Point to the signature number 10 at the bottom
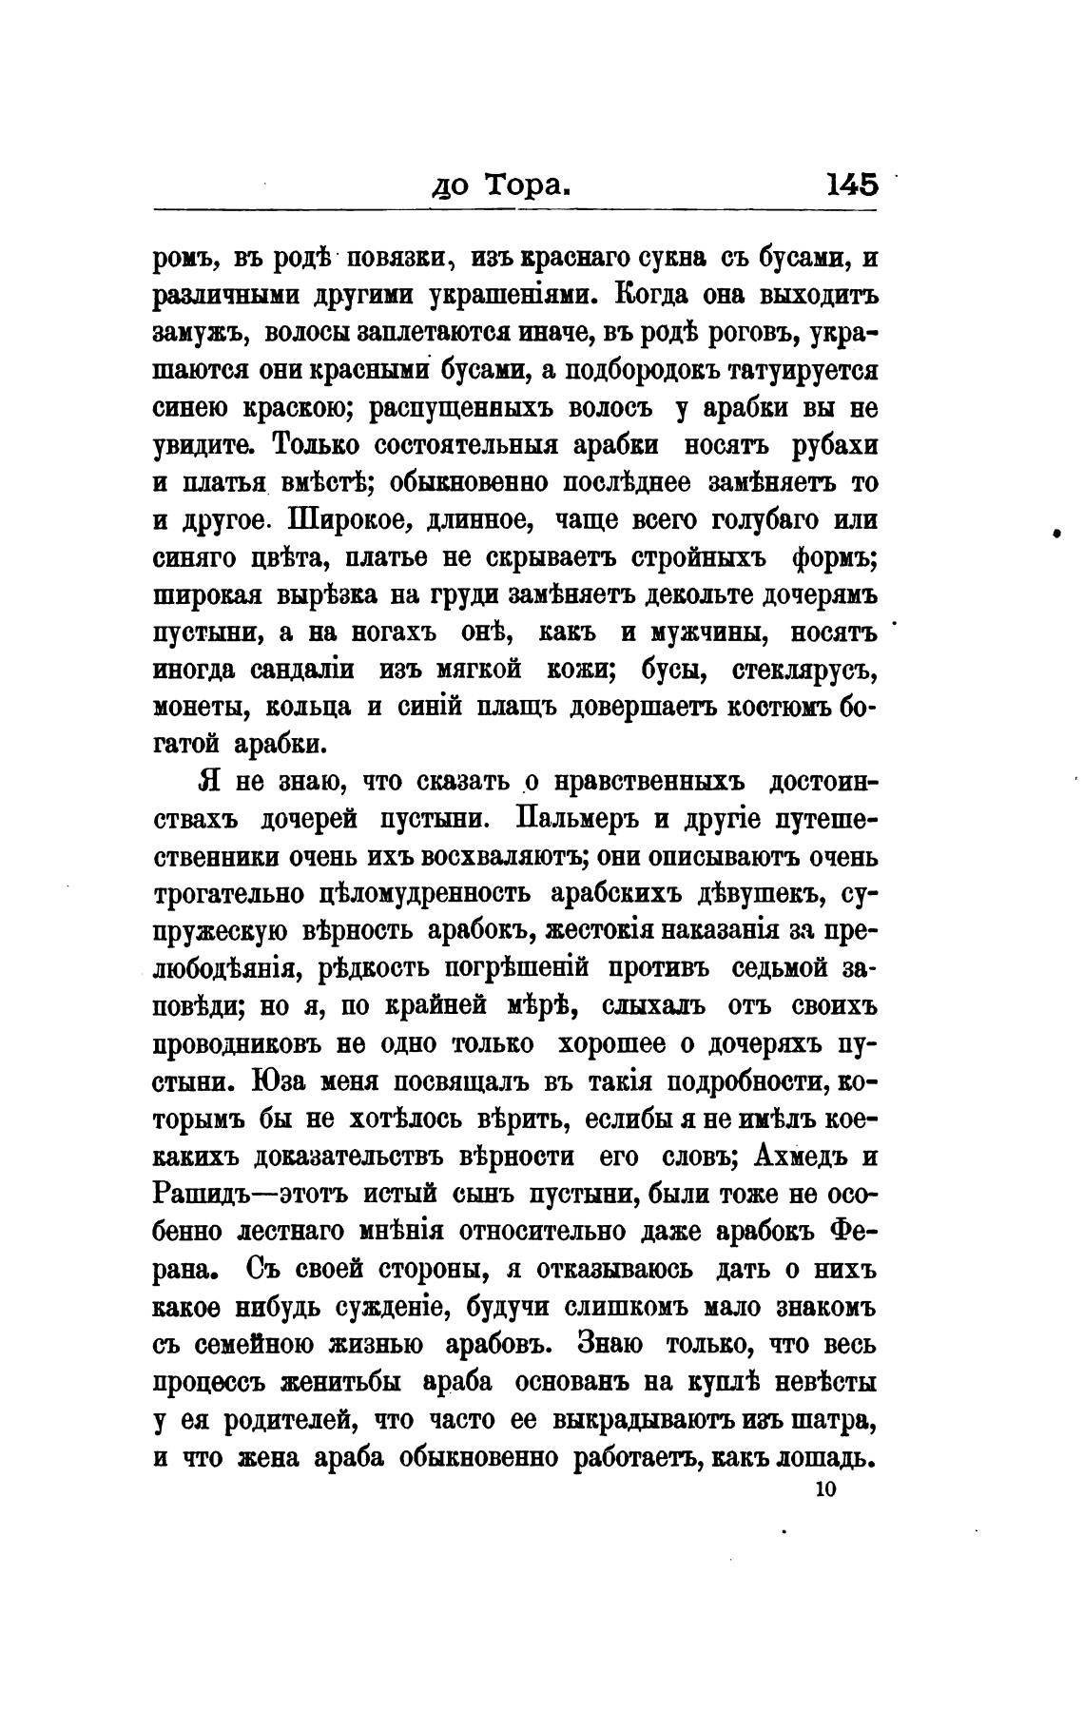(x=824, y=1490)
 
